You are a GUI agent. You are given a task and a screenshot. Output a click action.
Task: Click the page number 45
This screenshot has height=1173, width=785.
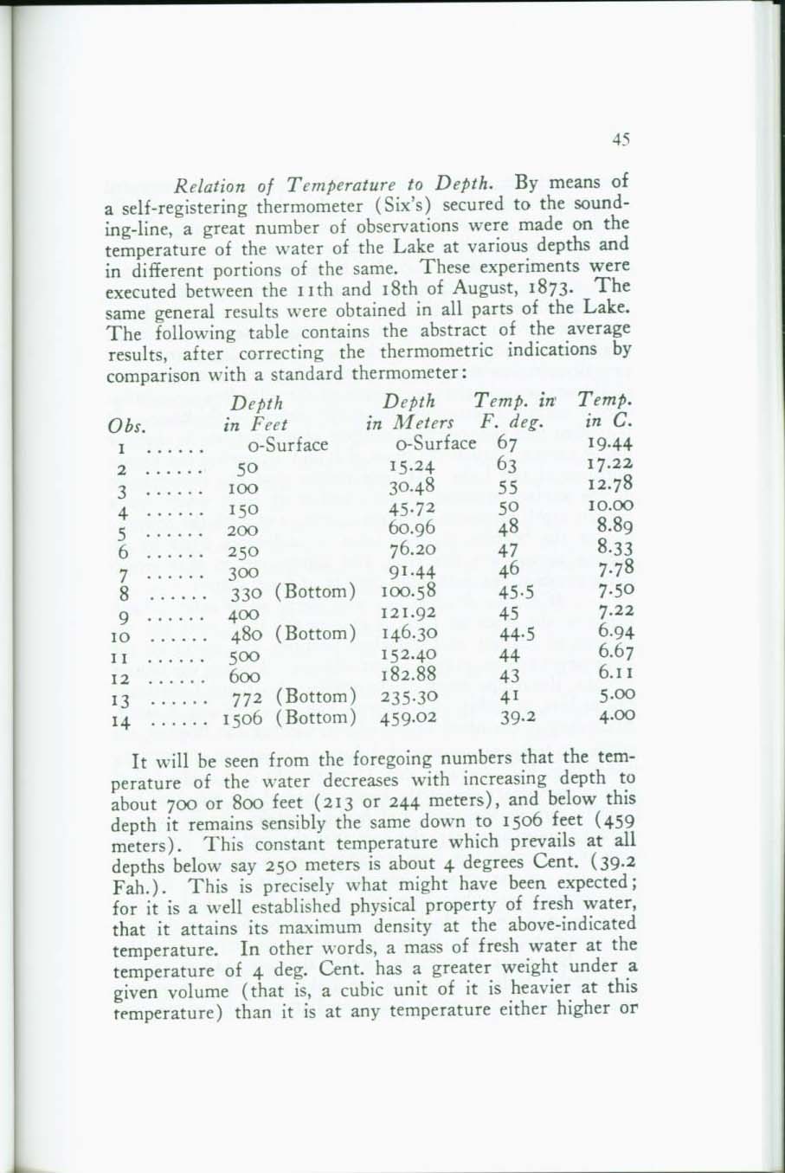click(x=620, y=139)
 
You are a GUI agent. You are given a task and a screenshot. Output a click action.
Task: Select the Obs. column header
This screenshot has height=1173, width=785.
click(x=126, y=426)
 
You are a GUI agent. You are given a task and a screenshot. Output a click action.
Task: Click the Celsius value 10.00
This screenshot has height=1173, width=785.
click(x=609, y=507)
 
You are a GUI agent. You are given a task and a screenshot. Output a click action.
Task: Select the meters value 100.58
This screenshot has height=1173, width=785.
click(x=409, y=593)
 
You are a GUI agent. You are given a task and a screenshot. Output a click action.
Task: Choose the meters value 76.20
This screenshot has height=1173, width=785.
click(x=412, y=550)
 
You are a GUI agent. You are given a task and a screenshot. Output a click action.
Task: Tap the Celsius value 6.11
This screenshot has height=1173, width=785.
click(x=615, y=675)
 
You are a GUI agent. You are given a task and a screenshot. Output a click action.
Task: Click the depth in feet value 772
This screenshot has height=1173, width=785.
click(x=247, y=697)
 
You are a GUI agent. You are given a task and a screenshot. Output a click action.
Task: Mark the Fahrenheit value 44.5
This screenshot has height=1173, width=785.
click(x=518, y=635)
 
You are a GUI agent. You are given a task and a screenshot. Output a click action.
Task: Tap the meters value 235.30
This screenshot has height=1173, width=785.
click(x=409, y=697)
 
